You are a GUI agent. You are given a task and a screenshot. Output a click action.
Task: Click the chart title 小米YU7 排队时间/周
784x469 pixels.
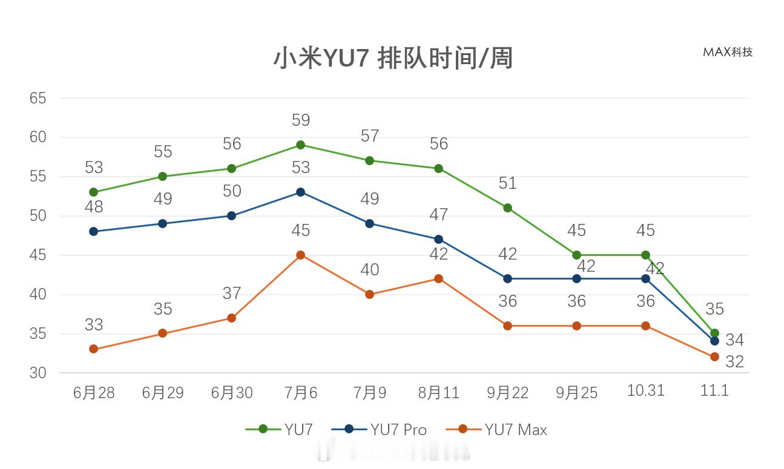pyautogui.click(x=392, y=59)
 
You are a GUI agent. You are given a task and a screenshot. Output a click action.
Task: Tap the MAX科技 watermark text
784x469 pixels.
pyautogui.click(x=728, y=52)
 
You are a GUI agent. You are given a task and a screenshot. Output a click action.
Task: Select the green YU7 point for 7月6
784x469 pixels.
pyautogui.click(x=300, y=145)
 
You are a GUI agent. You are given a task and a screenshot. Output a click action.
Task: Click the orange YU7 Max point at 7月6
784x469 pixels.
pyautogui.click(x=300, y=255)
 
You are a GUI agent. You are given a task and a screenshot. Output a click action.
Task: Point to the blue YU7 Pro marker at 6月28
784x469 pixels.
pyautogui.click(x=93, y=231)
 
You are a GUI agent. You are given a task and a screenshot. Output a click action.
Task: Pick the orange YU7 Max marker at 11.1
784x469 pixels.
pyautogui.click(x=714, y=357)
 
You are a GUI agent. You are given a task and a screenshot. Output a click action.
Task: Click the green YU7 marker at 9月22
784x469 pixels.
pyautogui.click(x=507, y=208)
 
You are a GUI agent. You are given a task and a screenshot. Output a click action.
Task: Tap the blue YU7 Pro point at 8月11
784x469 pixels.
pyautogui.click(x=438, y=239)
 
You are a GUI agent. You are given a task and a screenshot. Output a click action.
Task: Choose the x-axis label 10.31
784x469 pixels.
pyautogui.click(x=645, y=391)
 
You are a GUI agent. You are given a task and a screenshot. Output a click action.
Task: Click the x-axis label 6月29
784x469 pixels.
pyautogui.click(x=162, y=393)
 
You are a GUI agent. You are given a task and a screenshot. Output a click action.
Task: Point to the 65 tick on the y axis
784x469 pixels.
pyautogui.click(x=38, y=98)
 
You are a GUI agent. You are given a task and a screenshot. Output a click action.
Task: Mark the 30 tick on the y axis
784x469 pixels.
pyautogui.click(x=38, y=373)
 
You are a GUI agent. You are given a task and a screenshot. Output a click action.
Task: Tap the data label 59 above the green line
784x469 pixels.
pyautogui.click(x=300, y=120)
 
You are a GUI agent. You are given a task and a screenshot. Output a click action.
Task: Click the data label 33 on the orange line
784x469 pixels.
pyautogui.click(x=93, y=325)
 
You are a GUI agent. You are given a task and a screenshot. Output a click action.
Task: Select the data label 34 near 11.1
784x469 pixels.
pyautogui.click(x=734, y=340)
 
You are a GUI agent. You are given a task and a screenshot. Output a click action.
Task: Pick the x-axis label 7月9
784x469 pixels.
pyautogui.click(x=369, y=393)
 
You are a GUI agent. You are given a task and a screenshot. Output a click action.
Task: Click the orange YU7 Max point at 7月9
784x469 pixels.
pyautogui.click(x=369, y=294)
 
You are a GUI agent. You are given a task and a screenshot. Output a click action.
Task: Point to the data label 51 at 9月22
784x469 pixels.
pyautogui.click(x=507, y=183)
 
